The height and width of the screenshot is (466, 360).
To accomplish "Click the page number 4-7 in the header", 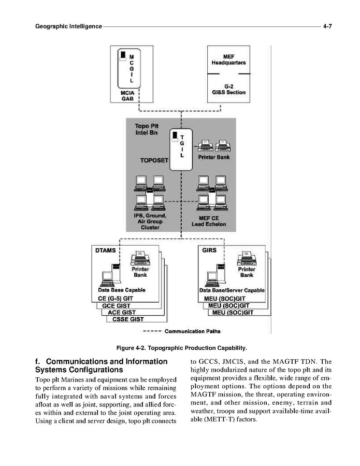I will (327, 26).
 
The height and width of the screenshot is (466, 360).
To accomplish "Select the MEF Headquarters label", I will (228, 59).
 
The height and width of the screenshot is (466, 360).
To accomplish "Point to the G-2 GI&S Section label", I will (228, 89).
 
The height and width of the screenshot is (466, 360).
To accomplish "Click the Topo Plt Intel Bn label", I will (147, 130).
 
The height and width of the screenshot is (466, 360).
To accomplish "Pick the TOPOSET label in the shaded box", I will (154, 161).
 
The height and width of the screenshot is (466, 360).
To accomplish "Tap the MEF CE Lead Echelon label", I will (209, 221).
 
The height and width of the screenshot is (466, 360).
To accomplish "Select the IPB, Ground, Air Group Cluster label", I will (150, 221).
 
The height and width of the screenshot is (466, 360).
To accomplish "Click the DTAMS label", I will (106, 250).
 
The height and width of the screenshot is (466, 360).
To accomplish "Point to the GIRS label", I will (209, 250).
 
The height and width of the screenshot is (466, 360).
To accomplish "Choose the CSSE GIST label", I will (128, 319).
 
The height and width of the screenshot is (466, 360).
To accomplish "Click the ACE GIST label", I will (122, 313).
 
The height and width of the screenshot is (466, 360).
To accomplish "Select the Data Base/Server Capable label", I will (232, 290).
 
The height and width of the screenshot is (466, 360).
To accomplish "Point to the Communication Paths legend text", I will (192, 331).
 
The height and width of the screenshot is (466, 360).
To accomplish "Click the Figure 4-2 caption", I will (181, 347).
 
